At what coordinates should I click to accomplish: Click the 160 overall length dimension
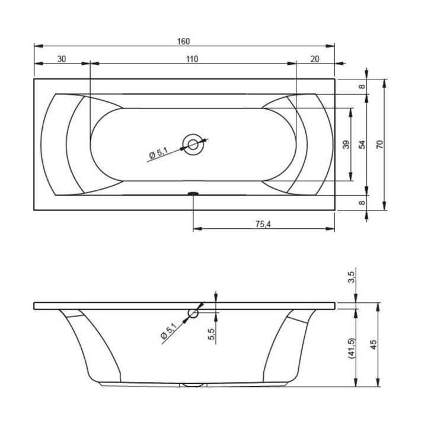(183, 41)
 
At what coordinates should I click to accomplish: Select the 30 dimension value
(62, 59)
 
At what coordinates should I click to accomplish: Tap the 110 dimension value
(192, 59)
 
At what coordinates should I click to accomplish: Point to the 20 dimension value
(315, 59)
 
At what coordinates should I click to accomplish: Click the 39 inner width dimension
(346, 145)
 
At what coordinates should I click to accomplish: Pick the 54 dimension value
(363, 145)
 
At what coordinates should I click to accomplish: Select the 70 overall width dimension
(379, 145)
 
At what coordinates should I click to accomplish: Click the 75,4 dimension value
(263, 224)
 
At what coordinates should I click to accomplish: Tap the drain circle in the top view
(193, 145)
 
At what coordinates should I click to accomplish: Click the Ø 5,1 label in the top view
(159, 154)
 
